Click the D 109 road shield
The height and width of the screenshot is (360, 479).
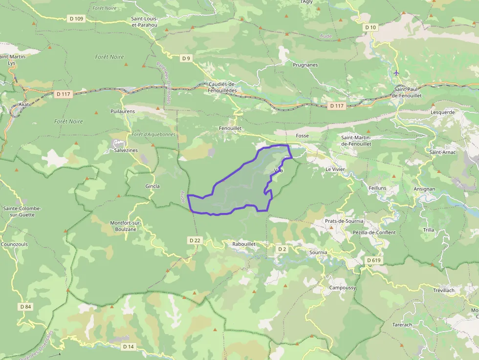click(77, 19)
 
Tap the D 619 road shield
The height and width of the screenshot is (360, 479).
click(373, 260)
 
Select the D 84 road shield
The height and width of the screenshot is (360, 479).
click(26, 306)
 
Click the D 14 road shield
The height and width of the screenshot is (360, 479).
click(128, 346)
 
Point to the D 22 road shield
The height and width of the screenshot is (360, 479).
click(195, 240)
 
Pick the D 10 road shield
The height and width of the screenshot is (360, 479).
click(370, 27)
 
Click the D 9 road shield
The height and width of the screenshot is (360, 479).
click(186, 59)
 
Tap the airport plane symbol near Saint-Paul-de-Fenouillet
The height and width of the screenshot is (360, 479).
click(396, 73)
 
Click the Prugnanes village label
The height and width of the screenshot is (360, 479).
click(305, 64)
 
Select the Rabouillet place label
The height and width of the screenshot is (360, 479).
click(244, 243)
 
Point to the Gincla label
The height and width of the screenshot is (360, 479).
click(152, 186)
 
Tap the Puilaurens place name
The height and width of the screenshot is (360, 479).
click(123, 111)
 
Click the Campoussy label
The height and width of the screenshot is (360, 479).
click(342, 288)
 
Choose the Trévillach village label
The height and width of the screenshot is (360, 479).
click(443, 290)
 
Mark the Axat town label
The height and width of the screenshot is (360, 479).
click(24, 105)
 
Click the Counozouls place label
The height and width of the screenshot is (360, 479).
click(15, 244)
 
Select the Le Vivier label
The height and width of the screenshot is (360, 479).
click(335, 169)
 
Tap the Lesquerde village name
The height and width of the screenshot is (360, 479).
click(443, 112)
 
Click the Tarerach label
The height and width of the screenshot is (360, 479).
click(402, 324)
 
